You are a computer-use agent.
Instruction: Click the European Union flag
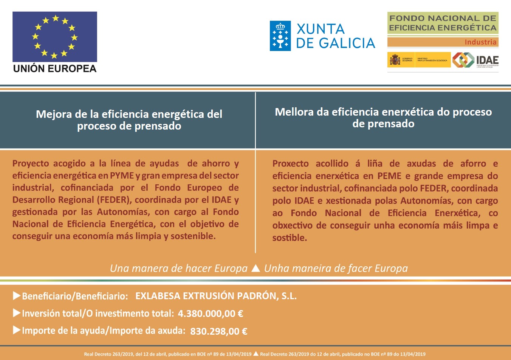point(55,37)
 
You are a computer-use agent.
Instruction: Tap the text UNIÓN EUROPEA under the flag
point(55,69)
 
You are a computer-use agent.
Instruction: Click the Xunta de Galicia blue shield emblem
point(280,36)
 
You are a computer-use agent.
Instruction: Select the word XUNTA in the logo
point(321,29)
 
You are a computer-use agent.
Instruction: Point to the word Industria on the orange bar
point(480,42)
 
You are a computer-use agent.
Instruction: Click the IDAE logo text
point(487,60)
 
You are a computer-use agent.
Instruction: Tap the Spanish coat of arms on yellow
point(395,60)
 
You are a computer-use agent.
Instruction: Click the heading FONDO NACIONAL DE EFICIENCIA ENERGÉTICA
point(443,23)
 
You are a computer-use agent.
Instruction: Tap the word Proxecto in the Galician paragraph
point(290,164)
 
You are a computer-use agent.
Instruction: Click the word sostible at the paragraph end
point(290,238)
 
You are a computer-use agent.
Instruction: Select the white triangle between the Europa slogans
point(256,268)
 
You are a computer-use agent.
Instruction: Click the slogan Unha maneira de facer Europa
point(336,268)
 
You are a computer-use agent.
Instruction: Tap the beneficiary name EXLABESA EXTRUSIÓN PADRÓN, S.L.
point(216,296)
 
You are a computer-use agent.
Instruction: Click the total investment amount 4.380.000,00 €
point(211,314)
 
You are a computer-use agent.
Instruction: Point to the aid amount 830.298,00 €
point(218,331)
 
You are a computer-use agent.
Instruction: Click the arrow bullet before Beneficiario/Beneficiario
point(17,296)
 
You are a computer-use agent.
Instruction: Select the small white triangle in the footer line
point(256,354)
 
